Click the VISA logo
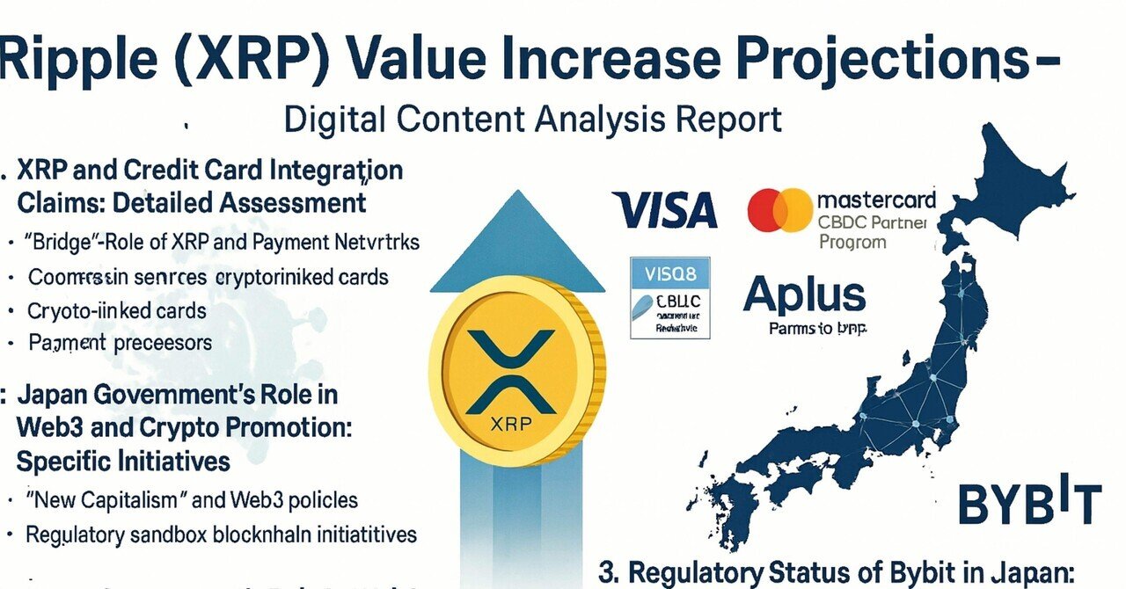pos(666,211)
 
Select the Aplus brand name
pos(803,294)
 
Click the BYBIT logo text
pos(1028,503)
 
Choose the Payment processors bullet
pos(121,342)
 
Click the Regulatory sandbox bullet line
pos(221,534)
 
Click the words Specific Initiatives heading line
pos(123,461)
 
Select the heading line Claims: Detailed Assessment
pos(191,203)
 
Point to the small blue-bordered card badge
pos(669,298)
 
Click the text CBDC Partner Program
pos(872,231)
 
